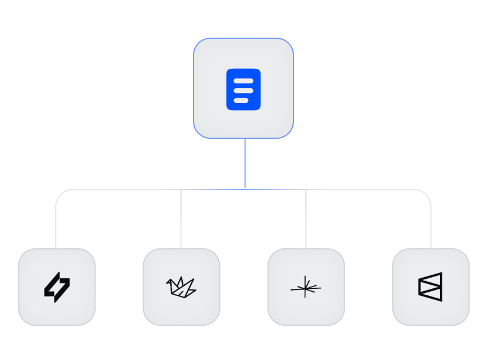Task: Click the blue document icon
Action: (243, 89)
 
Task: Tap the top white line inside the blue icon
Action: (243, 81)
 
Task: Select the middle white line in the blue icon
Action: (243, 91)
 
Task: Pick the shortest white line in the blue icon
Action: (241, 101)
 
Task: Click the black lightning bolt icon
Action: (57, 287)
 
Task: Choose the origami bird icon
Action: (181, 286)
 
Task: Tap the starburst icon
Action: (306, 287)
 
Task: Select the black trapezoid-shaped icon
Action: (431, 287)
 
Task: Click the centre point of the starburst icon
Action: (305, 288)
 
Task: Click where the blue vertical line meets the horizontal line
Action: (245, 189)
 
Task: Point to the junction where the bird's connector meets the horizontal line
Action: (181, 189)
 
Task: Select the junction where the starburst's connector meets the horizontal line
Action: (306, 189)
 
